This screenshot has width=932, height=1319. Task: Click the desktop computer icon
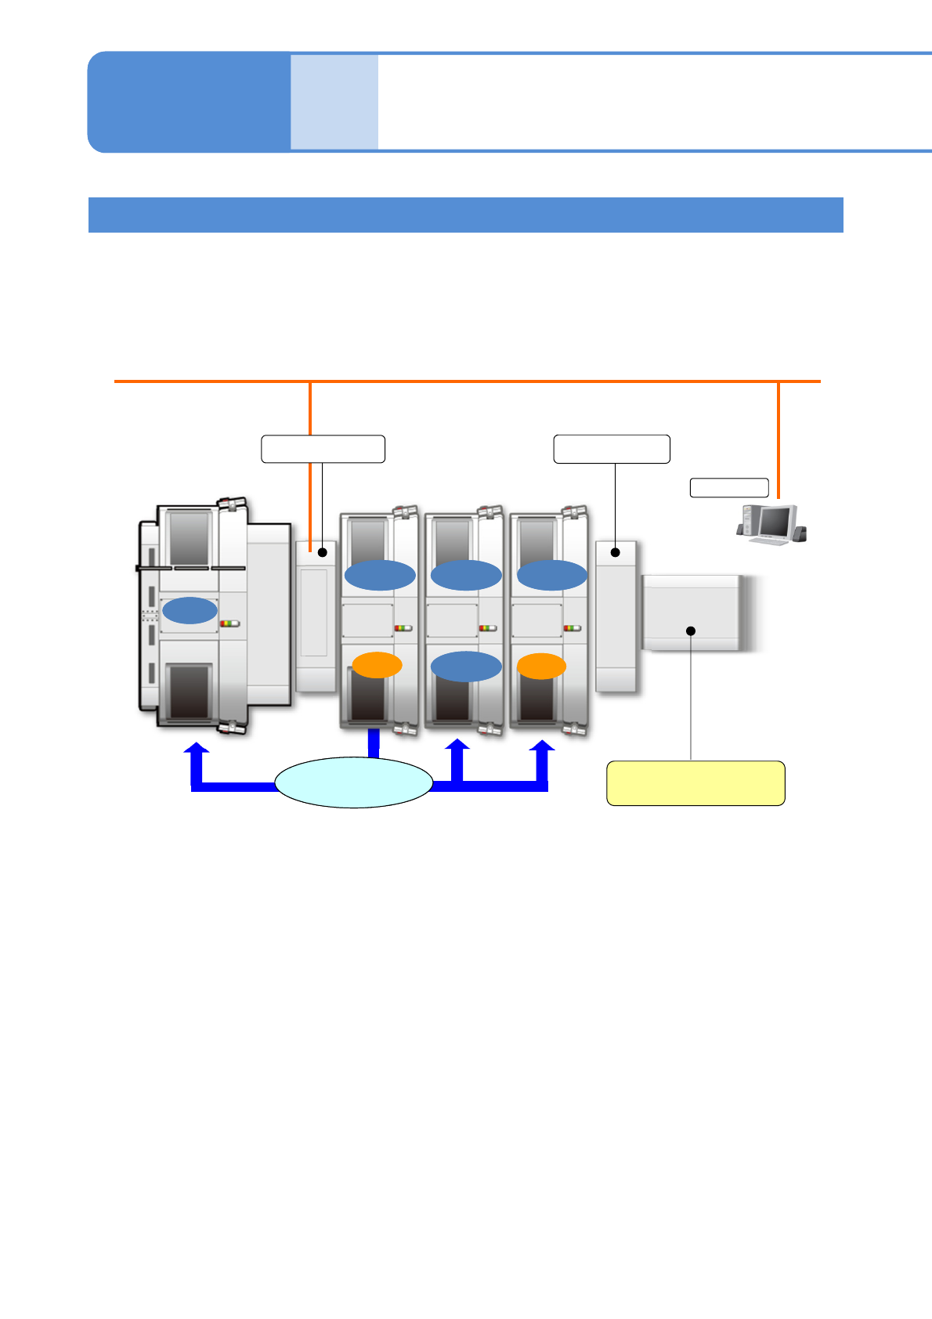click(x=771, y=525)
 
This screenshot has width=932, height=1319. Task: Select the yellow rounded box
click(x=695, y=782)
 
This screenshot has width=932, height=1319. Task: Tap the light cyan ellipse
click(x=354, y=782)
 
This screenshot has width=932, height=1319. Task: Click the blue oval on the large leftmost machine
click(x=190, y=610)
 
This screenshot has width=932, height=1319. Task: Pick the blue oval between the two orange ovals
click(x=466, y=666)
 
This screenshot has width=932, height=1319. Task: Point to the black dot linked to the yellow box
click(x=691, y=631)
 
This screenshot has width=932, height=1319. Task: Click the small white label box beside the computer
click(x=728, y=487)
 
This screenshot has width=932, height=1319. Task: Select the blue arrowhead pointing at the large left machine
click(x=196, y=750)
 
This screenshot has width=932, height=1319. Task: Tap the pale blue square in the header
click(x=334, y=102)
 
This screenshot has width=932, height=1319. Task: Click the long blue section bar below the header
click(x=465, y=215)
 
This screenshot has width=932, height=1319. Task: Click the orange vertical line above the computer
click(x=778, y=439)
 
